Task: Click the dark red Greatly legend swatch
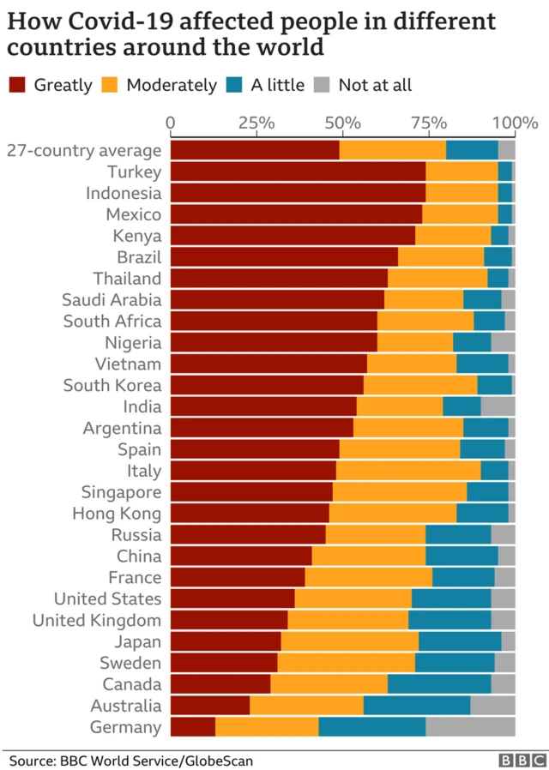click(x=18, y=84)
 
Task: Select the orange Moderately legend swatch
click(x=110, y=84)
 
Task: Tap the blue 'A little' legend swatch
click(x=234, y=84)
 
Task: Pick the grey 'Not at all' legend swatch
click(x=323, y=84)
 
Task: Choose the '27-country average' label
click(x=84, y=150)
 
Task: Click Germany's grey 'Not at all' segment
click(x=470, y=727)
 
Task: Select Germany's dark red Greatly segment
click(x=193, y=727)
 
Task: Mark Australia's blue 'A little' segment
click(x=417, y=706)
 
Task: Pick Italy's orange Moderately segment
click(x=408, y=471)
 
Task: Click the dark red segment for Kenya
click(x=293, y=236)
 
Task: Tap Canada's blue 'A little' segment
click(x=439, y=684)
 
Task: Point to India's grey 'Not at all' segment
click(x=498, y=406)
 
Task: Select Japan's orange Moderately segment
click(x=349, y=641)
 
